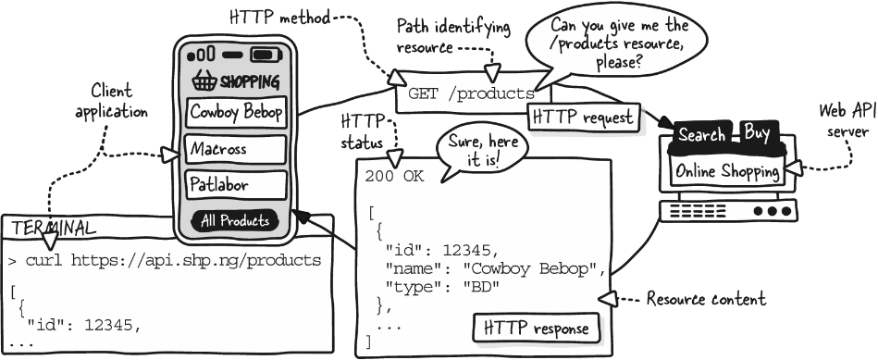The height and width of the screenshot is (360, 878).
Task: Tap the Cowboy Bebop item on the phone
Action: [236, 113]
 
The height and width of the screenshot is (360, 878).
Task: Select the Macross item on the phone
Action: [236, 150]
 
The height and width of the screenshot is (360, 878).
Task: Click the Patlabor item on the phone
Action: [236, 185]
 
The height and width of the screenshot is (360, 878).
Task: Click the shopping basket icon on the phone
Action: [204, 81]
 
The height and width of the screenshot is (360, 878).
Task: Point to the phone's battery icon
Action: [266, 55]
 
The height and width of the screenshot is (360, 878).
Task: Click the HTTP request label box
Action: [584, 118]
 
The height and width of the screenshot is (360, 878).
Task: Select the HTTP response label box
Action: [536, 328]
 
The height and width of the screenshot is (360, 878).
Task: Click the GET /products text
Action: [472, 93]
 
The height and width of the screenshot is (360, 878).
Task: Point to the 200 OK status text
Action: [395, 177]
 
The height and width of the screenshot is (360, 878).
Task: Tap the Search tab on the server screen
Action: [701, 135]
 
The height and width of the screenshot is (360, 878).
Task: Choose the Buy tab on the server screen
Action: [757, 133]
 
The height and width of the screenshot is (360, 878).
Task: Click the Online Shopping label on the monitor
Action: [727, 171]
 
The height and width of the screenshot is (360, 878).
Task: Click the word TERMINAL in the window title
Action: [54, 229]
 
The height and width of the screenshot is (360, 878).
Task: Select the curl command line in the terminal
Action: [166, 261]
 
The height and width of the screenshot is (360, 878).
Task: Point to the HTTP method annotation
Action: [279, 18]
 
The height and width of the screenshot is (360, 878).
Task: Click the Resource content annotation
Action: [706, 299]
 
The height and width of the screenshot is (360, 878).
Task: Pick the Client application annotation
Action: [111, 102]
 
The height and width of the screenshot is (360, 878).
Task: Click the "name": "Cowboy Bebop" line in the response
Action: [495, 268]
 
